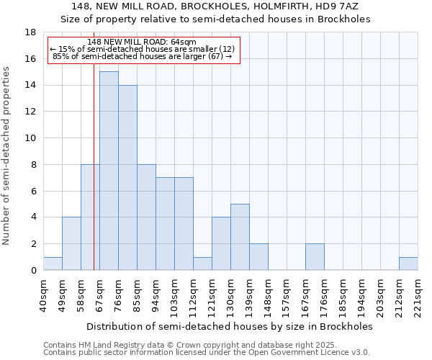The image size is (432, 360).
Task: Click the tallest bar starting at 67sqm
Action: click(109, 171)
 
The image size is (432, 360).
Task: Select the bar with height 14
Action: click(127, 177)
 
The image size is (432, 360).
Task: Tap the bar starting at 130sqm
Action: click(240, 237)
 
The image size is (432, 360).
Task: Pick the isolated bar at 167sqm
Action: click(315, 257)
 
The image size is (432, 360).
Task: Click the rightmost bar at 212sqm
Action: click(408, 264)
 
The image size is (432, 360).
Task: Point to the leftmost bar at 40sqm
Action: click(53, 264)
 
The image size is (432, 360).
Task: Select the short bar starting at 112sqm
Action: click(202, 264)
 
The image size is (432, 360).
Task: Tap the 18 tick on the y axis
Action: click(30, 32)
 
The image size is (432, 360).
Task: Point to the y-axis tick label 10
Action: click(30, 138)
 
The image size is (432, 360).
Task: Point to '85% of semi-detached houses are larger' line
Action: click(142, 56)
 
